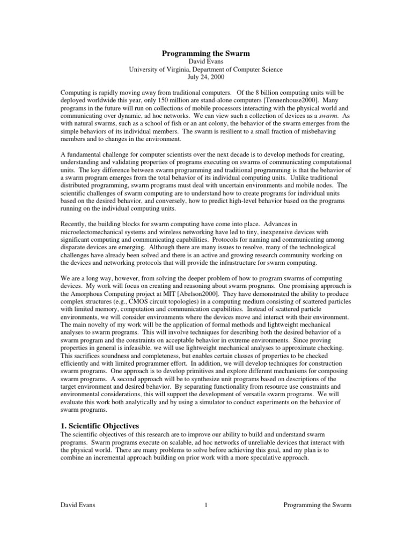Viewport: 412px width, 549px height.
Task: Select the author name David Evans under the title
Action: pos(206,61)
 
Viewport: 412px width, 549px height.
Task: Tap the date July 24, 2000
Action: pos(206,77)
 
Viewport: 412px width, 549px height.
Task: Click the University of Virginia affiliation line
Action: pos(206,69)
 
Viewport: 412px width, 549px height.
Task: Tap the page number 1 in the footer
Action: pos(205,505)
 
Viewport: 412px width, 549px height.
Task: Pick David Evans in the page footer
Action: pos(78,505)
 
